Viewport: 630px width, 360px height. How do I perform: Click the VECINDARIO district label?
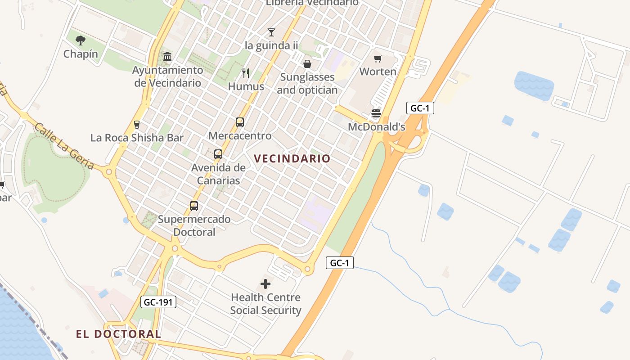pos(292,158)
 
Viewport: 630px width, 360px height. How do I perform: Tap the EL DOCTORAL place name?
pos(118,334)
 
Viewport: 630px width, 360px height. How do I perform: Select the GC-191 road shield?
pos(158,302)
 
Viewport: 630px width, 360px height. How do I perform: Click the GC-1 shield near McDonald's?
pos(420,108)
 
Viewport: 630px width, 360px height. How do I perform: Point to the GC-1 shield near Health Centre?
pos(340,263)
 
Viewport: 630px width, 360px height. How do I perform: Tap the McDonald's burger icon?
pos(376,113)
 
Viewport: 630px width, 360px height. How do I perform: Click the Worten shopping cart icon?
pos(378,58)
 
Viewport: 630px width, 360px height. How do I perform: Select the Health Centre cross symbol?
pos(265,284)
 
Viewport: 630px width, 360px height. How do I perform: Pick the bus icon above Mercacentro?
pos(240,122)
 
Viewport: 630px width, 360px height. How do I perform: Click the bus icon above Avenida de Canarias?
pos(218,154)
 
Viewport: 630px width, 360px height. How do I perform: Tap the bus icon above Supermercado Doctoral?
pos(194,206)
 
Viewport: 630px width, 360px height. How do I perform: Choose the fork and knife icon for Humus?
pos(246,73)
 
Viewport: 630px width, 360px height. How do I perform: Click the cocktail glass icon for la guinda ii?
pos(271,32)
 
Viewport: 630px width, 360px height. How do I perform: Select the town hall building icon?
pos(167,57)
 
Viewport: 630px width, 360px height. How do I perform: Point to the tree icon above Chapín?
pos(81,40)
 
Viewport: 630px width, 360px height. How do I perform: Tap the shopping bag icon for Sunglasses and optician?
pos(307,64)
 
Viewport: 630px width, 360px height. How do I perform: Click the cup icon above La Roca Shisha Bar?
pos(137,125)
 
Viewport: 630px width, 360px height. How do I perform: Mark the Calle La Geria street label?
pos(64,146)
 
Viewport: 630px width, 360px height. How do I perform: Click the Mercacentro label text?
pos(240,135)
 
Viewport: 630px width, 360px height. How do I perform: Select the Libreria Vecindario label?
pos(312,3)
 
